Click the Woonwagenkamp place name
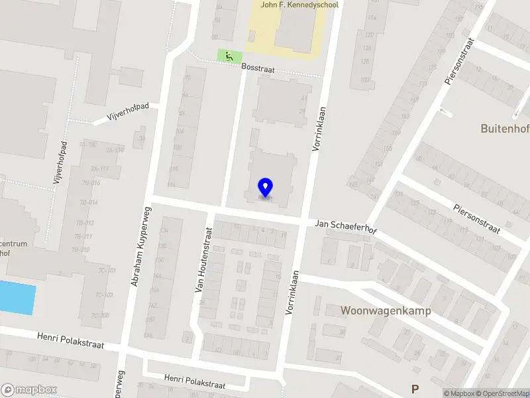(x=386, y=310)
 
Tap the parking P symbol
(x=415, y=389)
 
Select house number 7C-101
(x=104, y=271)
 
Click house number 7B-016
(x=87, y=183)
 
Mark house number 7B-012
(x=85, y=223)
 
